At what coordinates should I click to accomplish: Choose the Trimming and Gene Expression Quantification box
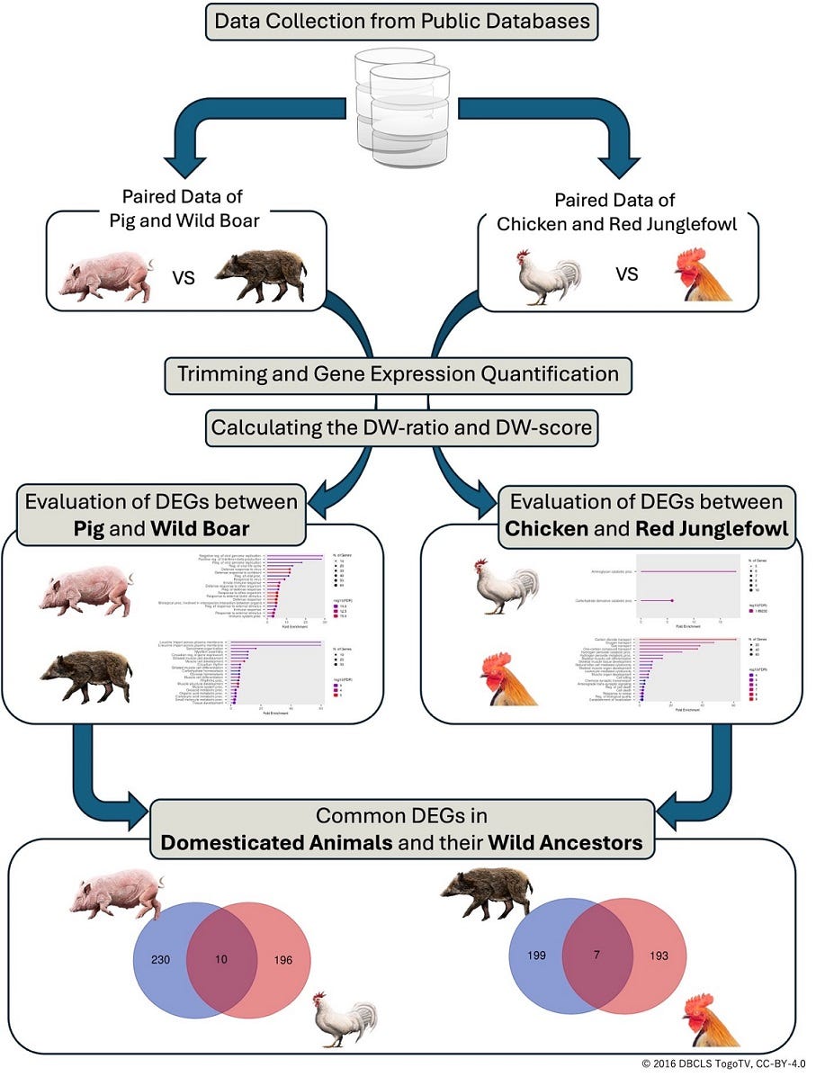(397, 374)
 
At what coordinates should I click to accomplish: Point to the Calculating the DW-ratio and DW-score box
(401, 428)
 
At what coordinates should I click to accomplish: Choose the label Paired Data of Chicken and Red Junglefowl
(615, 211)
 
